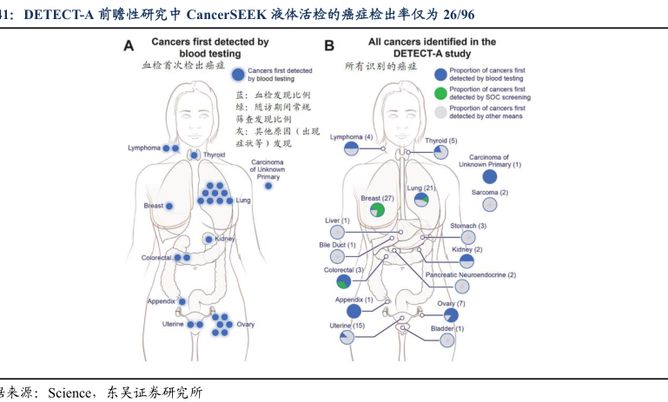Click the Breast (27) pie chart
[x=377, y=210]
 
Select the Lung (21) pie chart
[x=421, y=200]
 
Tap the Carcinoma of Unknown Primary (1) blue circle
[x=490, y=177]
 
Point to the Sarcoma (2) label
[x=490, y=193]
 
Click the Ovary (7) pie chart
[x=451, y=315]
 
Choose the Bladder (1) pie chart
[x=446, y=340]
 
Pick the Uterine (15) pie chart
[x=347, y=338]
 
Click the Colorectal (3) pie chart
[x=343, y=281]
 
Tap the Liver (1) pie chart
[x=337, y=232]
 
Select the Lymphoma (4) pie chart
[x=351, y=148]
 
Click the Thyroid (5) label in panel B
[x=441, y=141]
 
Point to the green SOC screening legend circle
[x=440, y=93]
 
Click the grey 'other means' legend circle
[x=440, y=112]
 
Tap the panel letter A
[x=129, y=45]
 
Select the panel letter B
[x=329, y=45]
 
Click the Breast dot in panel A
[x=169, y=206]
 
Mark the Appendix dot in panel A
[x=182, y=301]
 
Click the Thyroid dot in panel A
[x=195, y=155]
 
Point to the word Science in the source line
[x=69, y=392]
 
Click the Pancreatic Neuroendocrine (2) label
[x=470, y=275]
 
